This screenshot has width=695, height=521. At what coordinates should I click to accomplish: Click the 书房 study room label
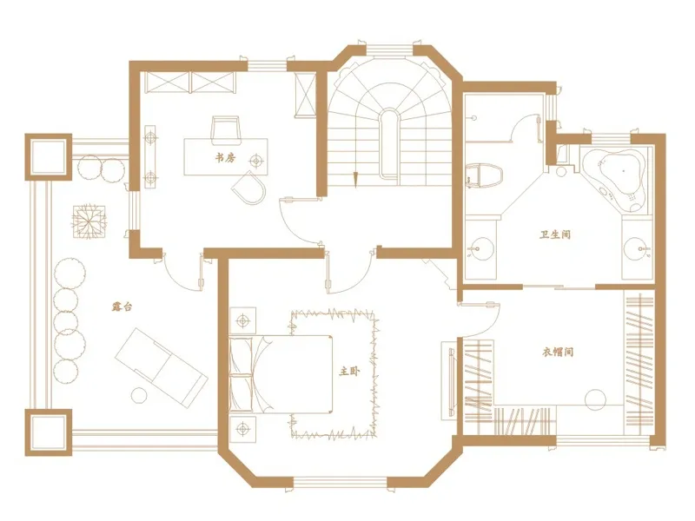pos(226,157)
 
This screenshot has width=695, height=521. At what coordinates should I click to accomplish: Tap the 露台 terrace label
pos(122,307)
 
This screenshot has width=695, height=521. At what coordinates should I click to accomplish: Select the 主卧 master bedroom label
pos(349,372)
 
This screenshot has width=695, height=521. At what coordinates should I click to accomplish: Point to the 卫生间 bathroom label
pos(555,234)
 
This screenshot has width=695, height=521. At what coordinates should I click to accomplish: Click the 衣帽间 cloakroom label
pos(558,353)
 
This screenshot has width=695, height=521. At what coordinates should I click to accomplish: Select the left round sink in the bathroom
pos(480,249)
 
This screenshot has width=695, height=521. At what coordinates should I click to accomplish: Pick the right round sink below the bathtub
pos(637,248)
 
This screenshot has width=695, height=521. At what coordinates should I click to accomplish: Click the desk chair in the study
pos(226,130)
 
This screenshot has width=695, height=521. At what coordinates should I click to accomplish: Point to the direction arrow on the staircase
pos(355,179)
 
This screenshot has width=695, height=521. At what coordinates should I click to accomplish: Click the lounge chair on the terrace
pos(162,367)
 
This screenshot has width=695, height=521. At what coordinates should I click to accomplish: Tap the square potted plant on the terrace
pos(90,221)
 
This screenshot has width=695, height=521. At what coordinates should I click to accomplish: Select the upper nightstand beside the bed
pos(242,320)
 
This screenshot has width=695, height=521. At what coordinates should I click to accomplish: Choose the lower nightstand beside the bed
pos(242,429)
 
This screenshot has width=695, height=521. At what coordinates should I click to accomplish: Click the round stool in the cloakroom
pos(595,400)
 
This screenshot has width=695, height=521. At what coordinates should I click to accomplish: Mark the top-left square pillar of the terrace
pos(49,157)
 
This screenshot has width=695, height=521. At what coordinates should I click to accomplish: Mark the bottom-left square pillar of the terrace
pos(49,432)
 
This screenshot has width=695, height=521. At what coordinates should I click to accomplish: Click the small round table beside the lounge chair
pos(139,395)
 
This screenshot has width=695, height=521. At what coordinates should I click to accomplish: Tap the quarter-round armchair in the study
pos(249,188)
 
